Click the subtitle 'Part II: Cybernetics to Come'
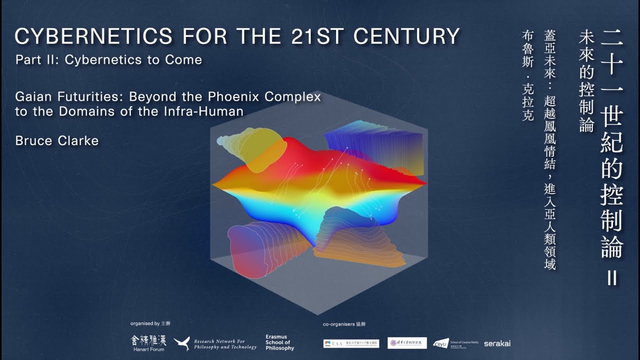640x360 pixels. click(x=108, y=60)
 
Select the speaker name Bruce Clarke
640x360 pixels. click(x=56, y=141)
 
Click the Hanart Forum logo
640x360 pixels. click(x=148, y=342)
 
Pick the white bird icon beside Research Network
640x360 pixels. click(x=181, y=343)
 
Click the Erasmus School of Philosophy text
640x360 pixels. click(x=279, y=342)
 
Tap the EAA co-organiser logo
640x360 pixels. click(x=351, y=343)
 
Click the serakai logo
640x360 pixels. click(x=497, y=343)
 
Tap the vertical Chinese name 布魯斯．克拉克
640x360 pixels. click(x=527, y=75)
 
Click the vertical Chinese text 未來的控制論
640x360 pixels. click(x=586, y=80)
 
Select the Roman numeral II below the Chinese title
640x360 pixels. click(x=612, y=277)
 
